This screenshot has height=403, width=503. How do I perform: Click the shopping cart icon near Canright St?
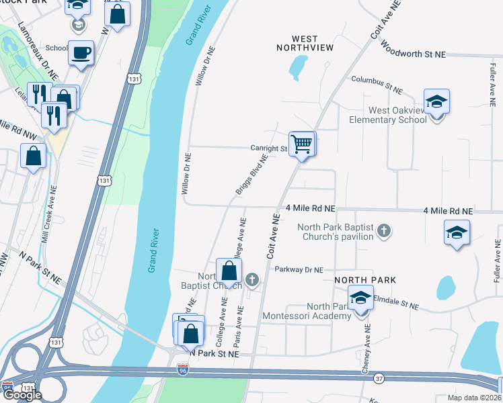(302, 144)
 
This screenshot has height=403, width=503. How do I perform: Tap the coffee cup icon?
(81, 52)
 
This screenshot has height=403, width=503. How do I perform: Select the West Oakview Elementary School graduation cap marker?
(436, 102)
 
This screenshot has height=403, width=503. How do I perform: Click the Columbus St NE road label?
(377, 85)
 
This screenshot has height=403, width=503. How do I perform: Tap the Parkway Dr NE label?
(299, 270)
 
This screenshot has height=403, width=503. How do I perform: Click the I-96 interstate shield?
(182, 370)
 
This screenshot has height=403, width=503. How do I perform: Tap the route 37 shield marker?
(379, 379)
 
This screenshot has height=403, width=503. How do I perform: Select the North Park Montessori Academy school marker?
(360, 298)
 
